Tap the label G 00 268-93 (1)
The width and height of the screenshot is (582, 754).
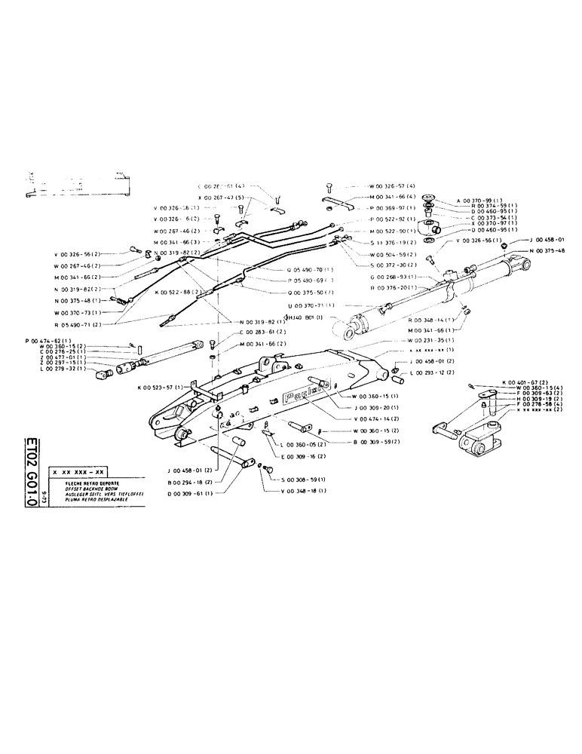click(392, 277)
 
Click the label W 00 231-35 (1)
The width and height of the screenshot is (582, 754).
click(422, 341)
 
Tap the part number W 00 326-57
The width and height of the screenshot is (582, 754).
click(393, 186)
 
